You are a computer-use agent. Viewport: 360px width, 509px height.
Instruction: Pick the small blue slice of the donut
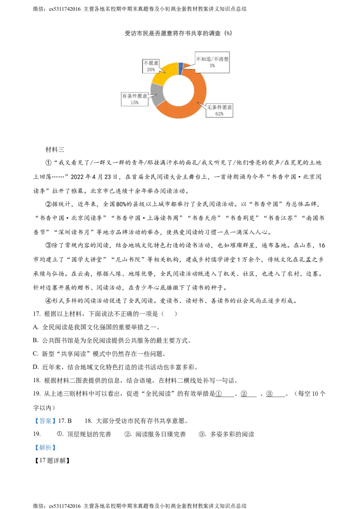(x=180, y=68)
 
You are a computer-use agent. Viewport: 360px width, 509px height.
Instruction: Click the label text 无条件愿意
(x=220, y=108)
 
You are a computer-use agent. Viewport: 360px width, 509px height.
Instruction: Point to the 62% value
(x=220, y=114)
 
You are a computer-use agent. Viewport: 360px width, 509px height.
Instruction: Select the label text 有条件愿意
(x=135, y=96)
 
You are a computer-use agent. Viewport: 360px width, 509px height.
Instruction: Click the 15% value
(x=135, y=103)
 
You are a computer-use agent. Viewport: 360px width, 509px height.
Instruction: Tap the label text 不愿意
(x=151, y=63)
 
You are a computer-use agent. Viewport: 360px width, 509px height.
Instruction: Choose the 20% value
(x=151, y=70)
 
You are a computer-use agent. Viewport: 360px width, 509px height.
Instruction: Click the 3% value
(x=212, y=66)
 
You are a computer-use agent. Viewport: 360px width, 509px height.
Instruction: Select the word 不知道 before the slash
(x=204, y=59)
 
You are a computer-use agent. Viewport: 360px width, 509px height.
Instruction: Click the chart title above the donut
(x=179, y=33)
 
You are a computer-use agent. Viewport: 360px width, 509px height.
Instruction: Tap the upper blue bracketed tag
(x=45, y=421)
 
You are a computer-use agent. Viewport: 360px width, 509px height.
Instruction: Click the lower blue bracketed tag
(x=45, y=448)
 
